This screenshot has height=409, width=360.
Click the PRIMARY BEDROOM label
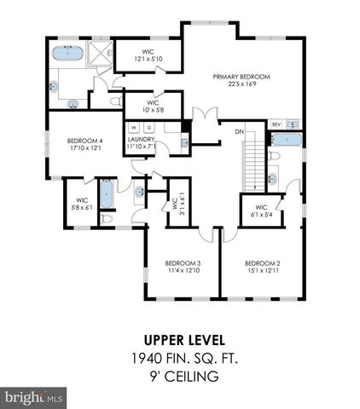point(241,77)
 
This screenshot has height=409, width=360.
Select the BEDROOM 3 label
point(183,262)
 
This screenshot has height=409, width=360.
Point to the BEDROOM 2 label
point(263,262)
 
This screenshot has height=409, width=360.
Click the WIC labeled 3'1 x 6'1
point(176,204)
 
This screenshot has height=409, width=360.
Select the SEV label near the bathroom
point(276,124)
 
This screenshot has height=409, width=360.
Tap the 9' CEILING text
point(180,376)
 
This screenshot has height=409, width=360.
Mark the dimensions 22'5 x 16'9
point(241,84)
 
